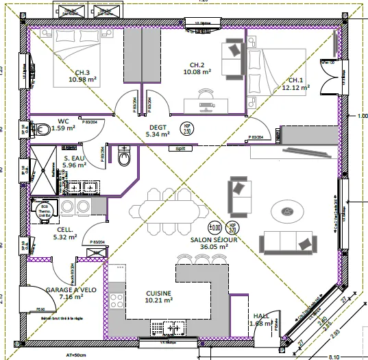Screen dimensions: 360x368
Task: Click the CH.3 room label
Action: pyautogui.click(x=82, y=73)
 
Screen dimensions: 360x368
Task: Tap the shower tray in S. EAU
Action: pyautogui.click(x=42, y=165)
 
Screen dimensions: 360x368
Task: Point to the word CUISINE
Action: pyautogui.click(x=158, y=293)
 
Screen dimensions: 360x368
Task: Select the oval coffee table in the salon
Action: pyautogui.click(x=284, y=211)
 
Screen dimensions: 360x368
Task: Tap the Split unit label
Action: pyautogui.click(x=181, y=147)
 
